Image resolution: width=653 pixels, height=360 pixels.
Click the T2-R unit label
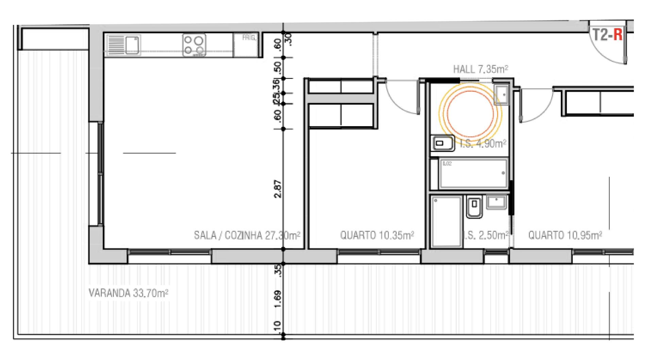click(x=607, y=35)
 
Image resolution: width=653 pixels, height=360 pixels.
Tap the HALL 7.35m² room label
click(x=481, y=70)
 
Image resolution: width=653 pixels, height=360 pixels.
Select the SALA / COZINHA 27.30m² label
click(x=247, y=235)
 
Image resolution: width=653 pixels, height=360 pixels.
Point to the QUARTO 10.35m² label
click(x=377, y=235)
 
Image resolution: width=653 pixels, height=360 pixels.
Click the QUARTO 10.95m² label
click(x=565, y=235)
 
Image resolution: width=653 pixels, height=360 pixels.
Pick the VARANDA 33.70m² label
click(x=128, y=293)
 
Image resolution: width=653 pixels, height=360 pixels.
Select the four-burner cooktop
click(x=194, y=45)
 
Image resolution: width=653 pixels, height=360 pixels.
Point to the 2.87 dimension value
click(x=278, y=189)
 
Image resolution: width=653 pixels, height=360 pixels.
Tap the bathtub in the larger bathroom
click(x=473, y=173)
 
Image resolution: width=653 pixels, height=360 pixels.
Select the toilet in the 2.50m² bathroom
click(x=474, y=207)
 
